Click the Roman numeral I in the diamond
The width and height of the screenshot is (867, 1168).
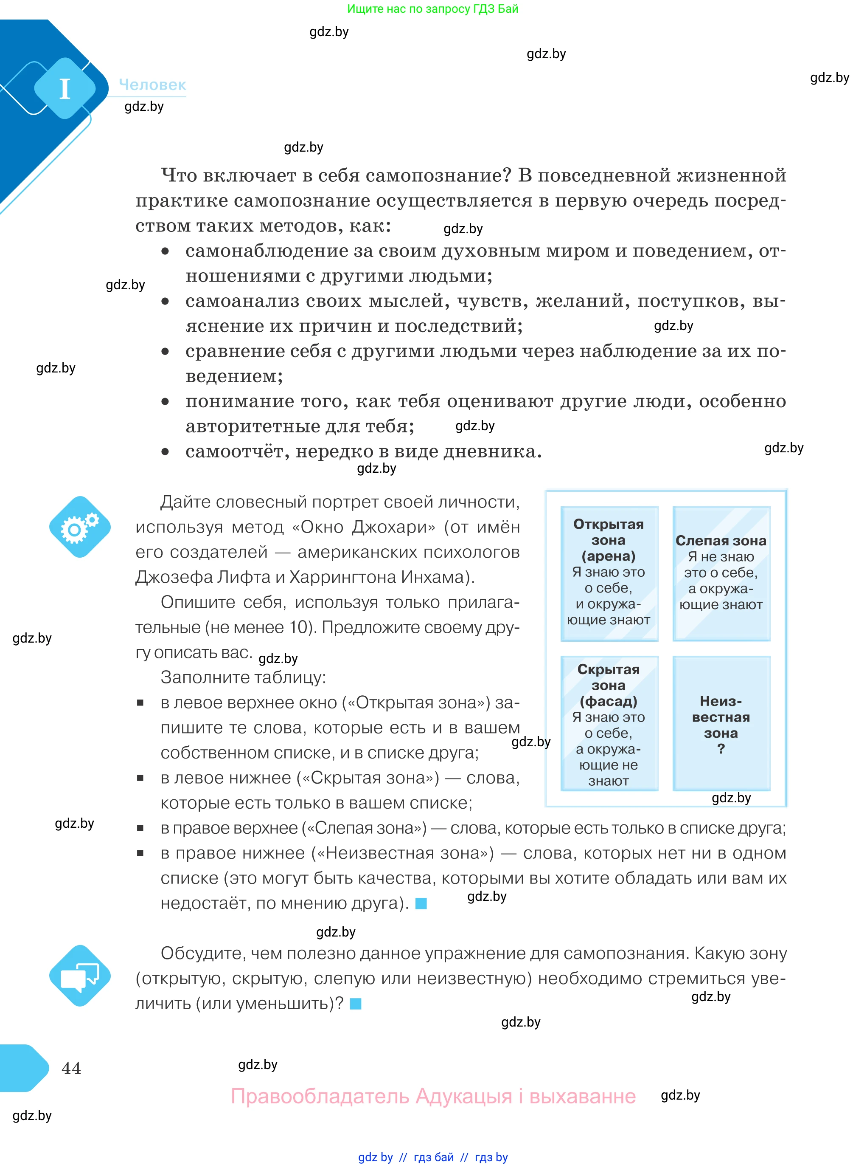(x=65, y=88)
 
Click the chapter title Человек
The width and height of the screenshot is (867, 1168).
(x=152, y=85)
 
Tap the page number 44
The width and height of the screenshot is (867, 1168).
(x=71, y=1068)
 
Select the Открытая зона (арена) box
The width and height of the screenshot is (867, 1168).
(x=609, y=573)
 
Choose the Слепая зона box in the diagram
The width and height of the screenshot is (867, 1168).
(x=721, y=573)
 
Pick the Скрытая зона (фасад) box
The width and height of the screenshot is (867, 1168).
(x=609, y=723)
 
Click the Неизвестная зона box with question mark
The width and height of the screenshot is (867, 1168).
(x=721, y=723)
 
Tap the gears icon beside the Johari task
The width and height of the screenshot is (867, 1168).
(x=80, y=527)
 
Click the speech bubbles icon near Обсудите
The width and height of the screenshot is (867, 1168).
(x=80, y=976)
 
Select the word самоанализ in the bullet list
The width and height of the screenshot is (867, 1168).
(x=240, y=301)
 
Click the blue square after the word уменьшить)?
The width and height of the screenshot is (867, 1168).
(x=356, y=1004)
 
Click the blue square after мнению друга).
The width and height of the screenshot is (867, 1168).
(x=421, y=903)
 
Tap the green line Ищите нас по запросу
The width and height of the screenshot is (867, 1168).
(x=432, y=9)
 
